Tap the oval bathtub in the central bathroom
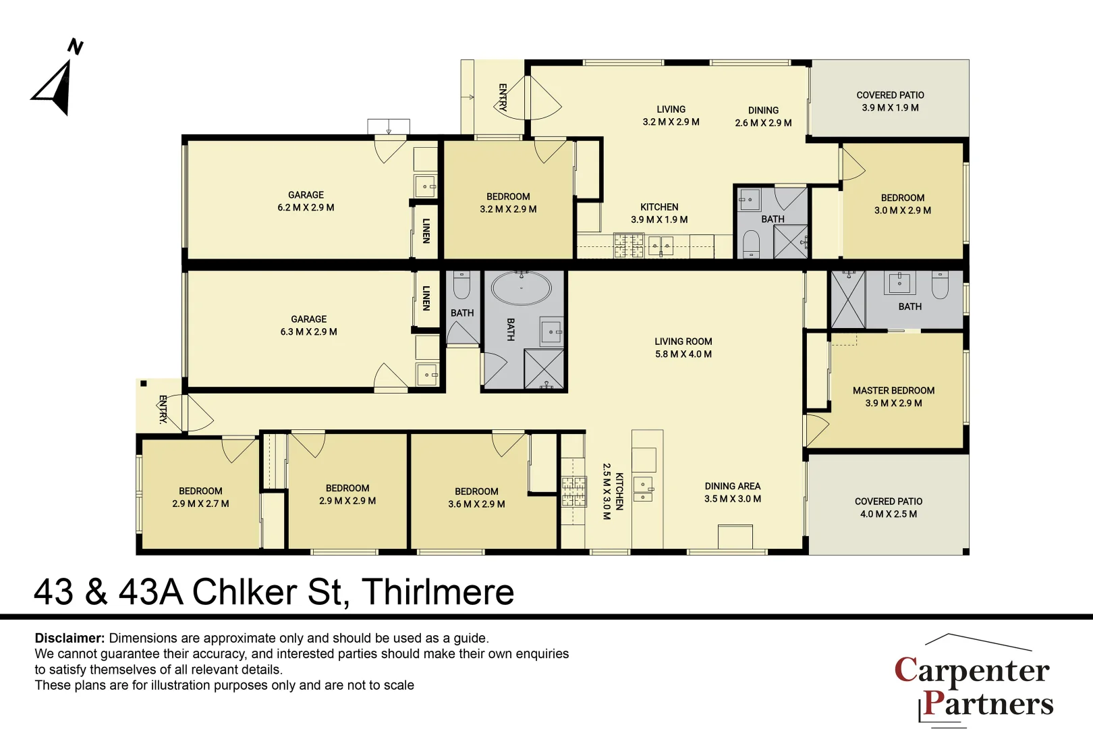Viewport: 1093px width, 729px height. (521, 289)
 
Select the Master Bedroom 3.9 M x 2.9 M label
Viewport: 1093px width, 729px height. (893, 397)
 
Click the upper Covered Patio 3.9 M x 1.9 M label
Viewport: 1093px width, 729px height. (890, 101)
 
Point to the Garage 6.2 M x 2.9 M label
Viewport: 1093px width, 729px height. (306, 201)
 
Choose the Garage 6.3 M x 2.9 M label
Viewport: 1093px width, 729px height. (308, 325)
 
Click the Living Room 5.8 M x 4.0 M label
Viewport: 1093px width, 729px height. (683, 348)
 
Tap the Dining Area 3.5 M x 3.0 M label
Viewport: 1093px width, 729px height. (732, 492)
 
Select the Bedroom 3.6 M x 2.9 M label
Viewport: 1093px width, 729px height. (476, 497)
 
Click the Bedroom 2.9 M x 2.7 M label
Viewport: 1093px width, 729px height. (200, 497)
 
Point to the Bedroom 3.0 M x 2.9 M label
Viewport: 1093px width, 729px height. (902, 204)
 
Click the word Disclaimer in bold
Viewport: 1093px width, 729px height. (69, 638)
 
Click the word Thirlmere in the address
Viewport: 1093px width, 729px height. (438, 592)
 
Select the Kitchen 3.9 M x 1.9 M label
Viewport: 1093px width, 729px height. (659, 213)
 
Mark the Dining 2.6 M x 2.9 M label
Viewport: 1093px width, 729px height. (763, 116)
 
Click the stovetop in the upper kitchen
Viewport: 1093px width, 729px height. (628, 246)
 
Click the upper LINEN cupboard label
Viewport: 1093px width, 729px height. (426, 230)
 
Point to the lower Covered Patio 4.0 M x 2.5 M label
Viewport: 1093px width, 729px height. (888, 508)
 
